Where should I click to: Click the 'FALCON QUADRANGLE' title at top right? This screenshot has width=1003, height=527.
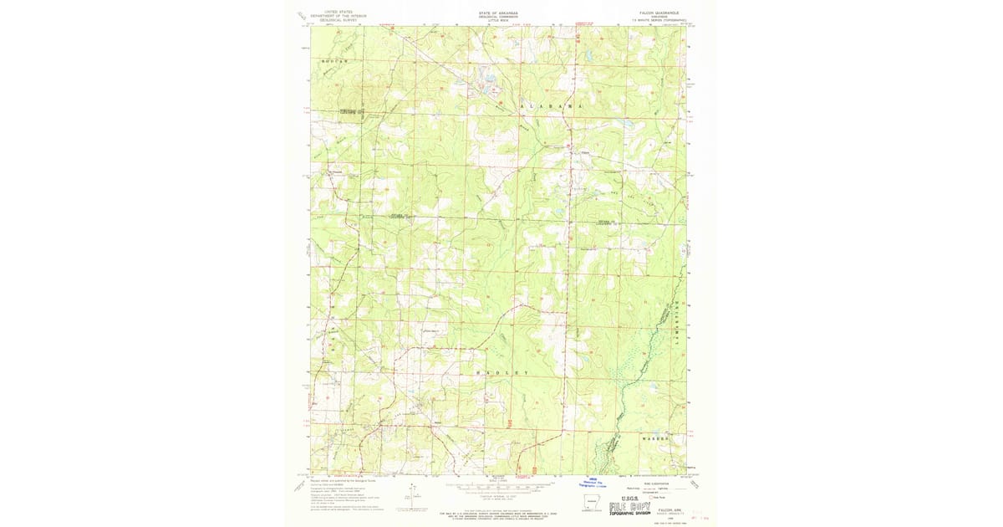point(655,13)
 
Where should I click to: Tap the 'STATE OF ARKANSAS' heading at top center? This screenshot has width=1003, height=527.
point(499,13)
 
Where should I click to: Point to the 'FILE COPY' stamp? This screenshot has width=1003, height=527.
point(637,506)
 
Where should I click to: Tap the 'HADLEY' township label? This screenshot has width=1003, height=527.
point(502,371)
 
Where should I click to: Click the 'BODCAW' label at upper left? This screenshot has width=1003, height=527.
point(333,62)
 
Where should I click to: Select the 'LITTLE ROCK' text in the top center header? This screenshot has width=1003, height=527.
point(499,21)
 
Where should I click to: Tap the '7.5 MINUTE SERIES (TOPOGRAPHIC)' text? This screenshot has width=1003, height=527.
point(655,21)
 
